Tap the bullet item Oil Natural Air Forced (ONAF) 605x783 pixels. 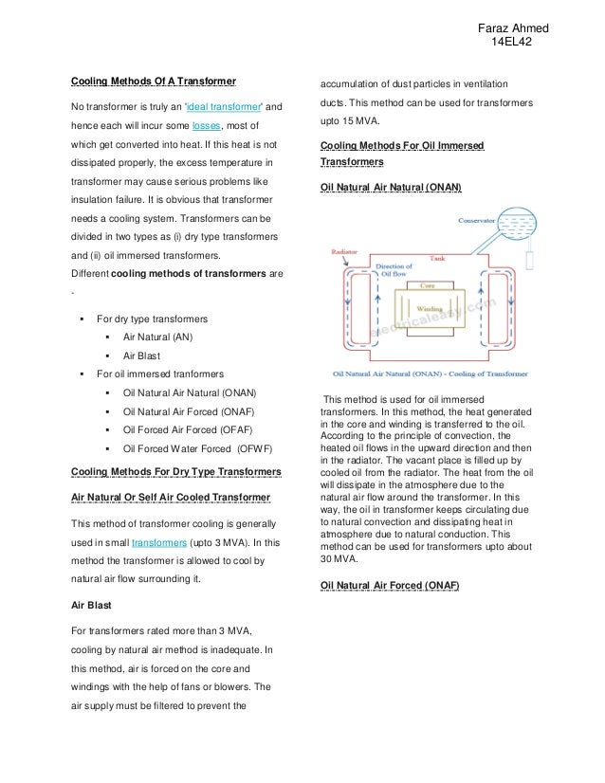coord(190,411)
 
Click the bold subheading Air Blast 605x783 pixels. coord(92,602)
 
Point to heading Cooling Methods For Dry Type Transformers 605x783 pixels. coord(176,472)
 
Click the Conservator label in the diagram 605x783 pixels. coord(480,220)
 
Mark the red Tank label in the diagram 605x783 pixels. coord(437,258)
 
